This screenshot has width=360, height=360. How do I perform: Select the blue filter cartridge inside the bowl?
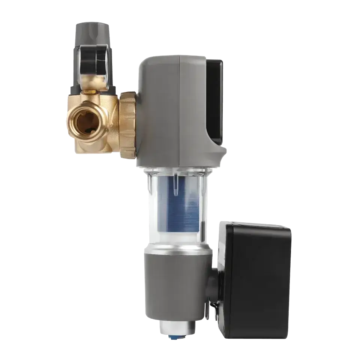180,202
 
